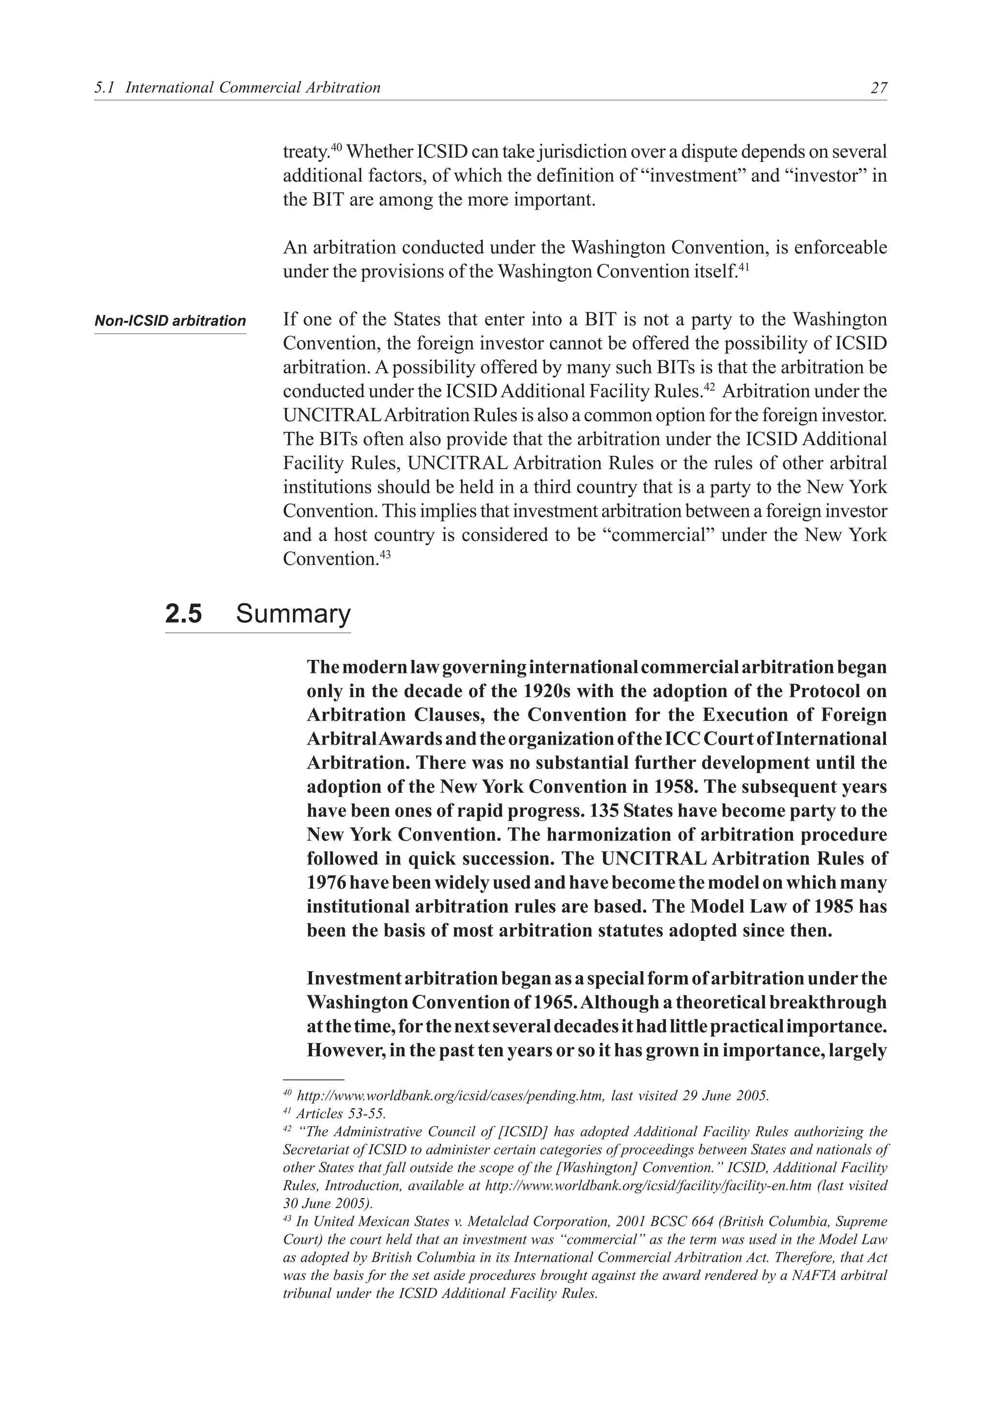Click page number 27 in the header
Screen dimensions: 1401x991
878,88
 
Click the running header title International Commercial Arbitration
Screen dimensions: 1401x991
253,88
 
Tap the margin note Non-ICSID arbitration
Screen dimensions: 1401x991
170,321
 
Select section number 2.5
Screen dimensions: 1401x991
183,614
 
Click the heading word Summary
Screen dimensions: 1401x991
293,614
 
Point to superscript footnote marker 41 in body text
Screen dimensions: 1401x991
743,267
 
